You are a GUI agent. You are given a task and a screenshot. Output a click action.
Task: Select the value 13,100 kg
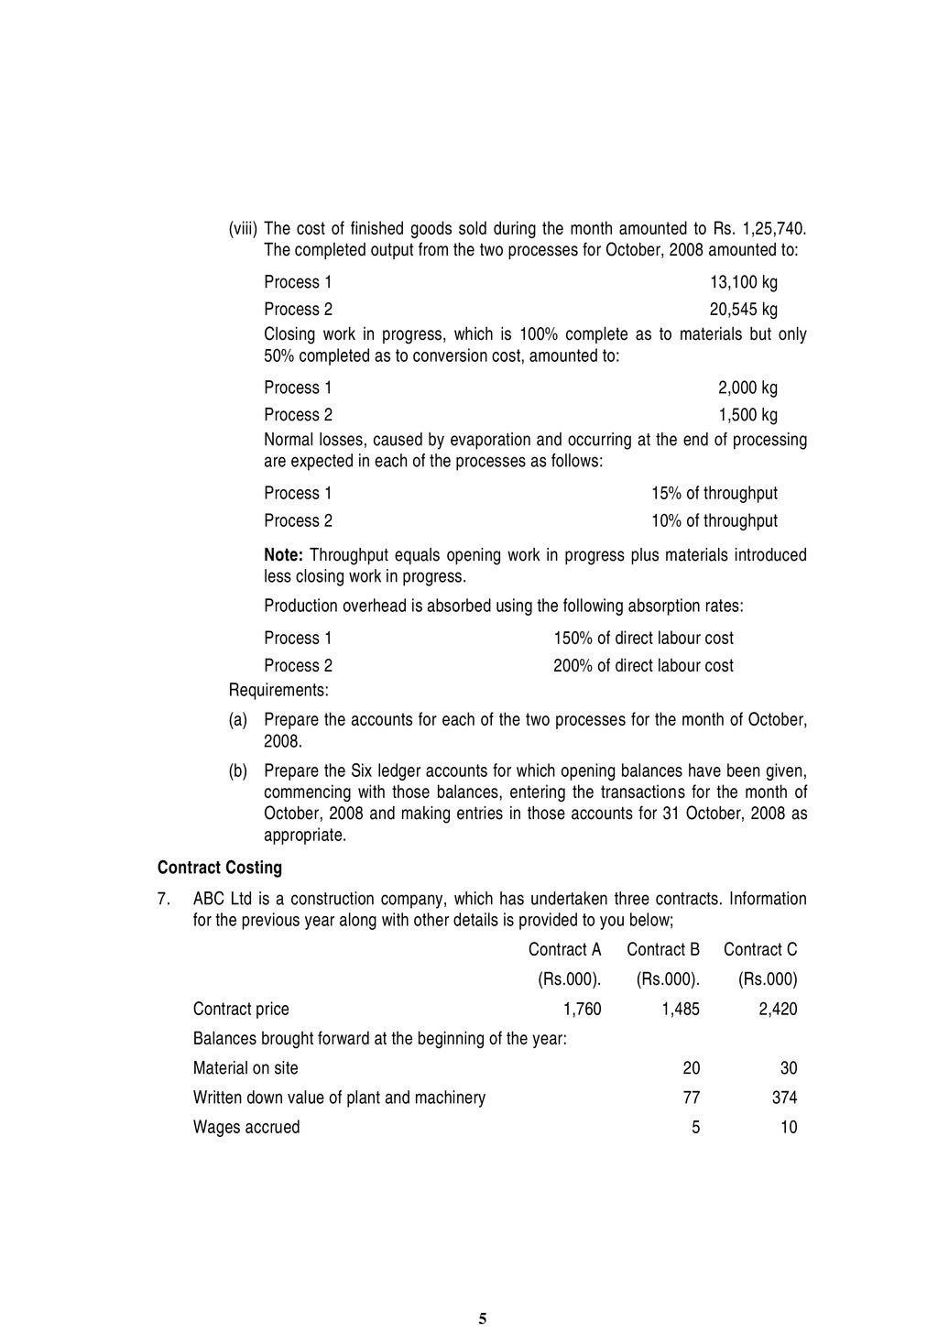pos(743,282)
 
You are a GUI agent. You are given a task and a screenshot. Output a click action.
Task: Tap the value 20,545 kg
pos(743,310)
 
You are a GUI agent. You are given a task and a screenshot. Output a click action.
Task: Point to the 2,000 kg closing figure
pos(747,388)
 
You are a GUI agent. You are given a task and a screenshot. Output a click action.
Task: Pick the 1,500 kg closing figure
pos(747,415)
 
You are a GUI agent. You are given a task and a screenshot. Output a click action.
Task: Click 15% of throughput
pos(714,494)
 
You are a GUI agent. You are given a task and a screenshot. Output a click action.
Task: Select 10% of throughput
pos(714,521)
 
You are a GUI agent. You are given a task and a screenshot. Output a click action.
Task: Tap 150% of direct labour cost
pos(643,639)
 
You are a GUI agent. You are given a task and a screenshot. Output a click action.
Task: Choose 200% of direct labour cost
pos(643,666)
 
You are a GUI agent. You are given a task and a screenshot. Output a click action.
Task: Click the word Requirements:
pos(278,689)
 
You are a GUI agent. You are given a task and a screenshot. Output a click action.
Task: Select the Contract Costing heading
pos(220,867)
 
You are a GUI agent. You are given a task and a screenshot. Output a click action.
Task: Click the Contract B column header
pos(663,950)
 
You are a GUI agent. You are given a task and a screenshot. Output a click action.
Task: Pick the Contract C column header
pos(760,950)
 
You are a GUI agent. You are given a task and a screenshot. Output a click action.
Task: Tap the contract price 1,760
pos(582,1010)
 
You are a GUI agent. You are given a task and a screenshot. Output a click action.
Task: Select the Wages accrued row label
pos(246,1127)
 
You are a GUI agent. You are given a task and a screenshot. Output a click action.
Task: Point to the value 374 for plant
pos(784,1098)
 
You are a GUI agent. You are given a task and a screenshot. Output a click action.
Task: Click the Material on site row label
pos(245,1068)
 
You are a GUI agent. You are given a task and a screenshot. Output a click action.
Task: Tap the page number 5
pos(483,1318)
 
